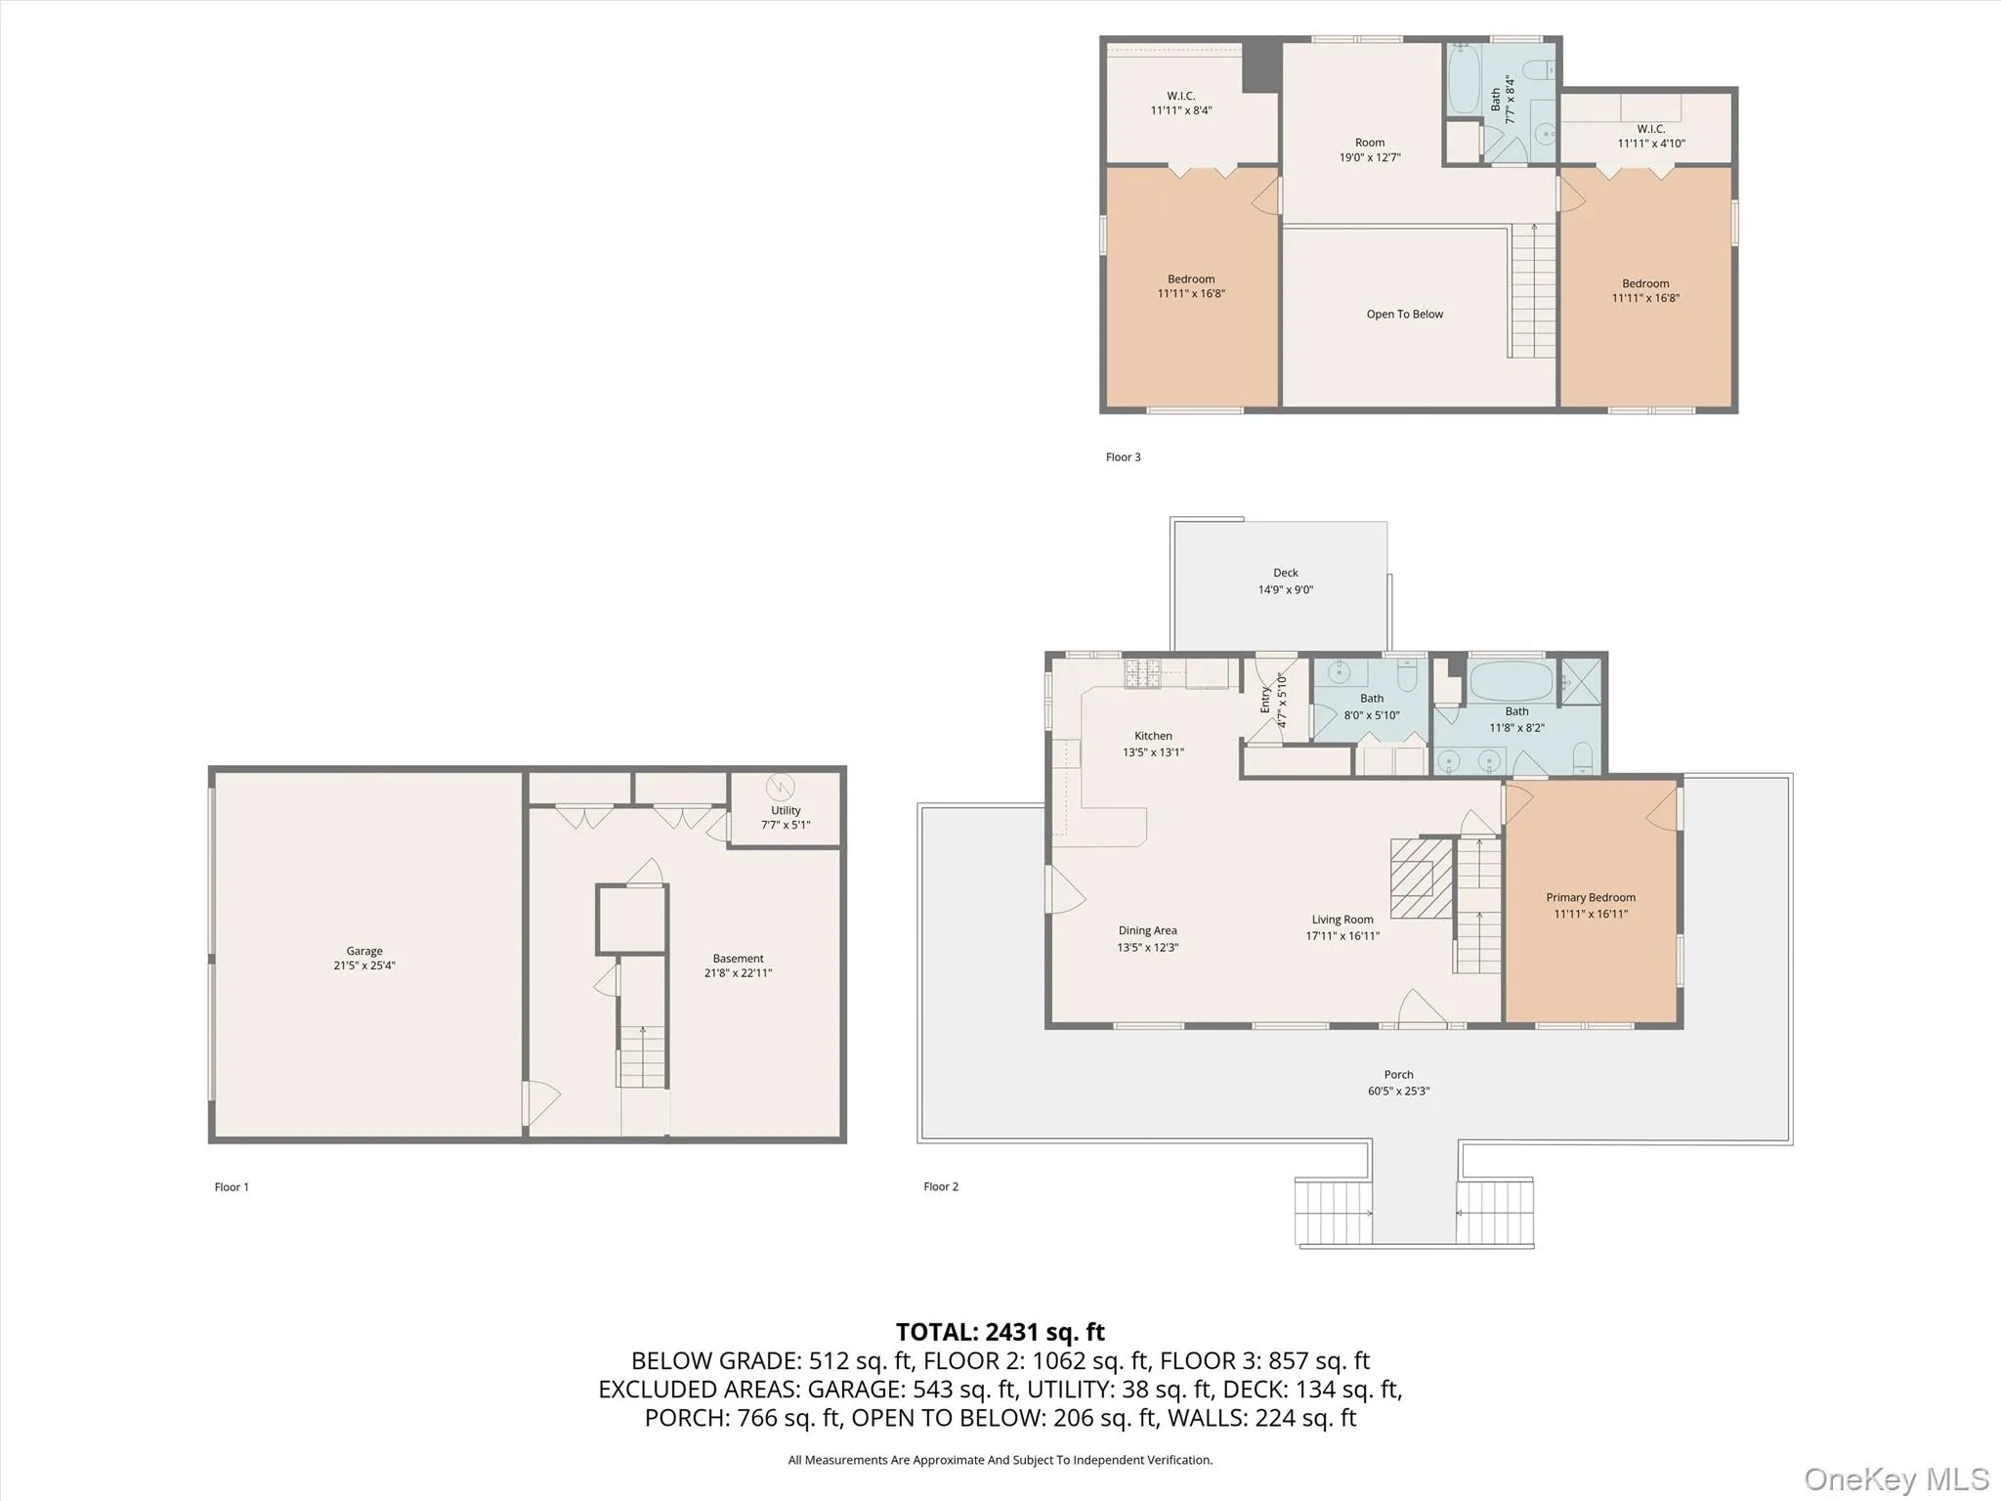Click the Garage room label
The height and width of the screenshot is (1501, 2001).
point(363,951)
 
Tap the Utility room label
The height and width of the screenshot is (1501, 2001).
point(786,810)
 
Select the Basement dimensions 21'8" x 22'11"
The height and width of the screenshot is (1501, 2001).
point(738,973)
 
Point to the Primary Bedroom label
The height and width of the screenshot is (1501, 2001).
point(1590,897)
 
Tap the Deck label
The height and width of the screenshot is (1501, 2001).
point(1285,574)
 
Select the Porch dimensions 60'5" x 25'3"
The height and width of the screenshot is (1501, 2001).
point(1398,1091)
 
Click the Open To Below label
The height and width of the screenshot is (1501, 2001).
point(1404,315)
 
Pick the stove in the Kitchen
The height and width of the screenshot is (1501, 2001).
point(1142,673)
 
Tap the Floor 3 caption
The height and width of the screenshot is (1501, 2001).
point(1123,457)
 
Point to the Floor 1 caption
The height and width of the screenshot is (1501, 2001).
point(232,1187)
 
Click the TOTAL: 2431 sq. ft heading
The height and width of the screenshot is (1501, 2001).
point(1000,1332)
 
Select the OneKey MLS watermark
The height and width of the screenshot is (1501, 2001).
point(1895,1479)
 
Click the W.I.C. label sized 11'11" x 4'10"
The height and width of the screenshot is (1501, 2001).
point(1650,129)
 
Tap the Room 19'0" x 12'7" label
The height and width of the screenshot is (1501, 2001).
point(1369,143)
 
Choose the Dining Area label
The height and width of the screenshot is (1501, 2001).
point(1147,930)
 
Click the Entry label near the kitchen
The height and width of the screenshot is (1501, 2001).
point(1265,700)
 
